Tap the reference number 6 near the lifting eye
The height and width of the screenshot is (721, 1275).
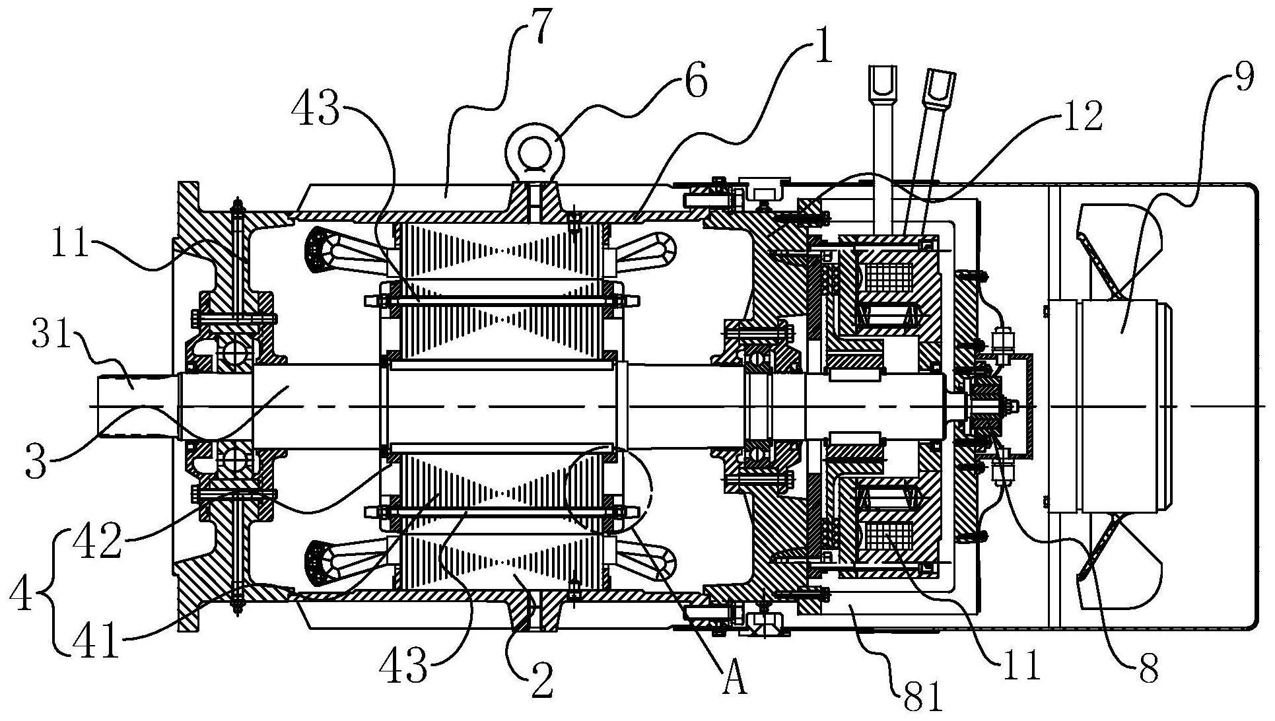[x=695, y=82]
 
